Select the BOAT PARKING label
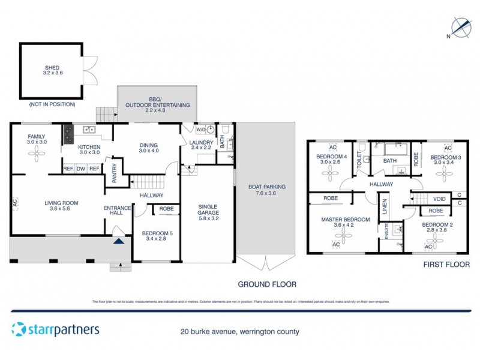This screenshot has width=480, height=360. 266,190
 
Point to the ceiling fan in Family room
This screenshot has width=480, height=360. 37,154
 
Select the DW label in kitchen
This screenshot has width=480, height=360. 82,169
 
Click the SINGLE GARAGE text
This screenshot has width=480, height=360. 208,210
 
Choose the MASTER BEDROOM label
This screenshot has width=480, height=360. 345,220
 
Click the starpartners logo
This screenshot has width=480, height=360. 55,329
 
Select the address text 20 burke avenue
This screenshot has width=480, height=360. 239,331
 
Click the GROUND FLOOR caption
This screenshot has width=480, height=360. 267,284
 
